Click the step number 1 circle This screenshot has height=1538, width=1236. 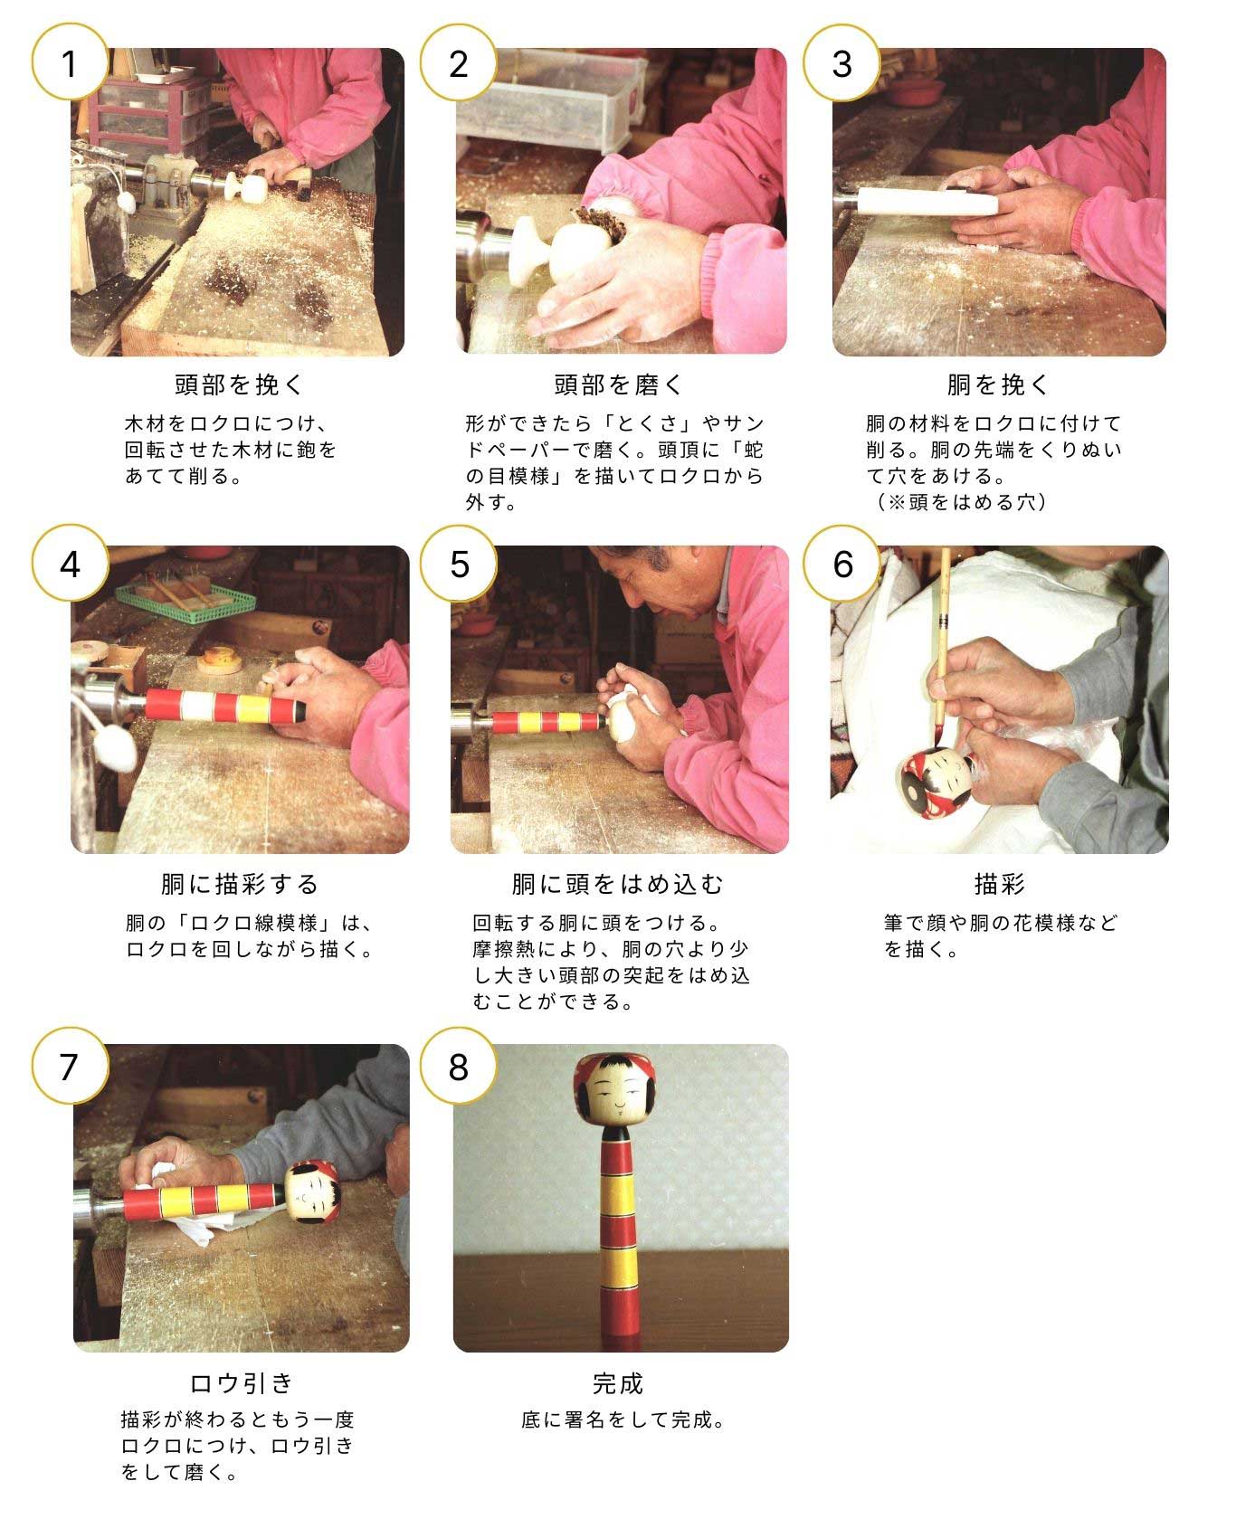point(70,63)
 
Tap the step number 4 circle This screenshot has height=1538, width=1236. point(70,563)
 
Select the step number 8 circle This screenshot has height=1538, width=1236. point(459,1066)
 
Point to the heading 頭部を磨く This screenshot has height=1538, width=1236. point(620,384)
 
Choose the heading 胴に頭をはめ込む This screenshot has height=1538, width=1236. point(619,884)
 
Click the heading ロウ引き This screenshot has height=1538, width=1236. point(242,1383)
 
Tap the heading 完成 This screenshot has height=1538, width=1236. point(619,1383)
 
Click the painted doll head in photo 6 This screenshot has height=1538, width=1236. point(937,784)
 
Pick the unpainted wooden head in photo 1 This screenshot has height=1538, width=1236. point(246,188)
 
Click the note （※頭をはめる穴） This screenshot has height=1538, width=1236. point(961,502)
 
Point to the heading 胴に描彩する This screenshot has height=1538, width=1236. point(241,884)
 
